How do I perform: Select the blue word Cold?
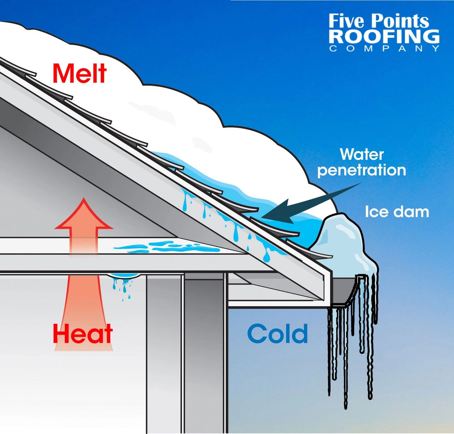277,333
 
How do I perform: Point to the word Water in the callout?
362,154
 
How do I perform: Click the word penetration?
362,170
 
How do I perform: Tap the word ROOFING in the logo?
384,36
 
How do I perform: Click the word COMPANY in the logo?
384,49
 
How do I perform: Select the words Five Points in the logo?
379,21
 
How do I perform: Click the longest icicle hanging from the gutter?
345,357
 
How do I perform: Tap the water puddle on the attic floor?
167,247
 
